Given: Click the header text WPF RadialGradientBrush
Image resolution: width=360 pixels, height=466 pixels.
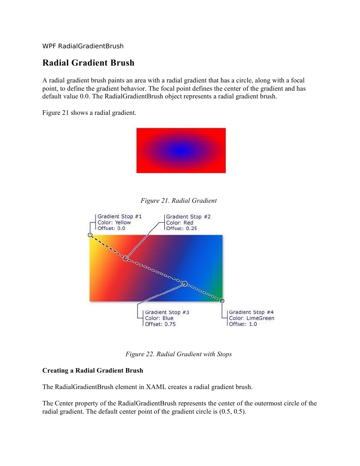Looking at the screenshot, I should click(83, 46).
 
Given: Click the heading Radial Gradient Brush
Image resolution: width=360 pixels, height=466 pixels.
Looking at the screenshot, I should click(88, 62).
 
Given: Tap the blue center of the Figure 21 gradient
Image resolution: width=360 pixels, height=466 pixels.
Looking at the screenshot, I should click(181, 150).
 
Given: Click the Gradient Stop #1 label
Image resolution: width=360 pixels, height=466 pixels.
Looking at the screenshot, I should click(120, 216).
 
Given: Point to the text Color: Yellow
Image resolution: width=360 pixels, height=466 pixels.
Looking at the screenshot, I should click(114, 222).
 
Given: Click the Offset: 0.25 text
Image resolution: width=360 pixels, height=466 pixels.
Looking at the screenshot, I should click(182, 228).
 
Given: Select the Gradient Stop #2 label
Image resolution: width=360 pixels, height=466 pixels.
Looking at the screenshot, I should click(188, 216).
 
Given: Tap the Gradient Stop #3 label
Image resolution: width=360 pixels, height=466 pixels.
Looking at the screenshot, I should click(167, 312).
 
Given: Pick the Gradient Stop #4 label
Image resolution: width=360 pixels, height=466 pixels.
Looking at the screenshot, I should click(251, 312).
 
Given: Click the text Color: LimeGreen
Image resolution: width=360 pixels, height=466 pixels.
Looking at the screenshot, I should click(252, 318).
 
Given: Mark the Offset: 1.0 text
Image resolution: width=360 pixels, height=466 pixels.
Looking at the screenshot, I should click(243, 324).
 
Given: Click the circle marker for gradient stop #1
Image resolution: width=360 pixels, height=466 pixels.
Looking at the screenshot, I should click(90, 235).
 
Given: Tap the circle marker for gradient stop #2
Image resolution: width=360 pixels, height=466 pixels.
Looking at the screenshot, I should click(126, 258).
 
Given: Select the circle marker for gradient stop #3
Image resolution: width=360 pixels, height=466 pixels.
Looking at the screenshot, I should click(185, 283).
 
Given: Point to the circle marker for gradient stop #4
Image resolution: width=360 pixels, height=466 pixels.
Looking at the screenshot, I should click(222, 300).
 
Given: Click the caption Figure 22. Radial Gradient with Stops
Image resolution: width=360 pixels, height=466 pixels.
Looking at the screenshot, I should click(178, 354).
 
